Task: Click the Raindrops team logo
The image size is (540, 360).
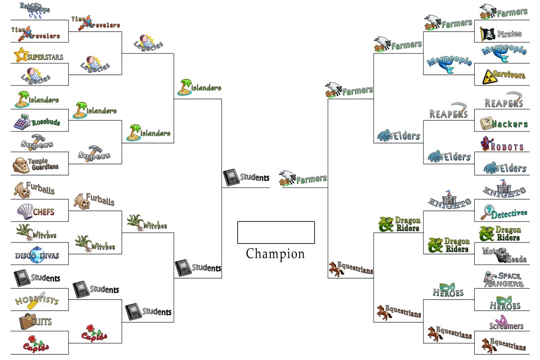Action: [x=35, y=10]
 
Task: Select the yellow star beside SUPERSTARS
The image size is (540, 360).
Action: [x=20, y=55]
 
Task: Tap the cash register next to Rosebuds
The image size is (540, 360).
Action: [x=22, y=122]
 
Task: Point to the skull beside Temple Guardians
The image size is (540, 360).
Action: [x=21, y=166]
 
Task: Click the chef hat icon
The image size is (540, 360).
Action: [x=25, y=211]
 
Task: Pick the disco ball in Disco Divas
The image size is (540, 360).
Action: [x=37, y=255]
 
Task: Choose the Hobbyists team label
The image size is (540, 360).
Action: [x=37, y=301]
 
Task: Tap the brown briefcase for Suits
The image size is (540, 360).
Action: [x=27, y=321]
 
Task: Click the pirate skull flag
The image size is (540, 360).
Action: [x=487, y=34]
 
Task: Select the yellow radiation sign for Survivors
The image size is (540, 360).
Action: [x=490, y=77]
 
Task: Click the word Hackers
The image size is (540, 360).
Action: [x=510, y=124]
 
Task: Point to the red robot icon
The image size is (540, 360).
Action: [x=487, y=144]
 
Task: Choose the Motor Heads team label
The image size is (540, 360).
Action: [x=504, y=255]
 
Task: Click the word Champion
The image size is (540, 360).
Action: [x=275, y=254]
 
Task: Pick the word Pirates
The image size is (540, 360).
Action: [x=509, y=34]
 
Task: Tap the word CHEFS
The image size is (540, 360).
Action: [x=44, y=212]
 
